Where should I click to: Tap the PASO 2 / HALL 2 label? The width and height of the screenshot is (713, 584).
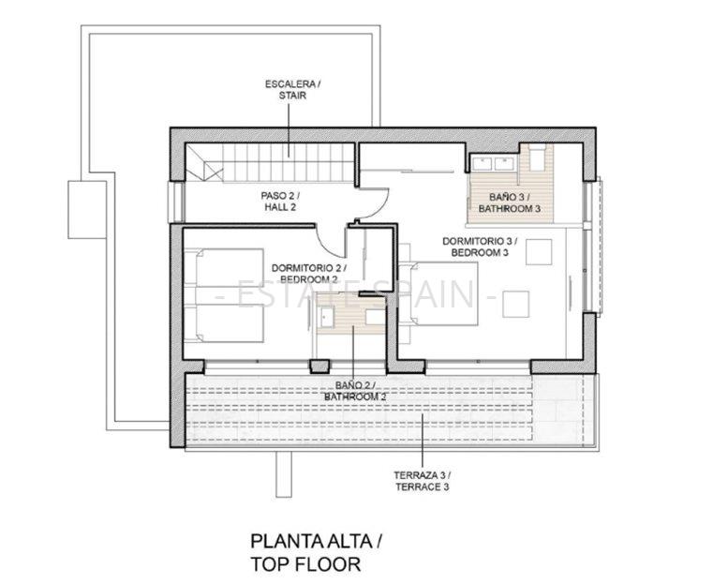click(x=280, y=202)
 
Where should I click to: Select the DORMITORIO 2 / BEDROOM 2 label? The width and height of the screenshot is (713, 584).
click(x=309, y=274)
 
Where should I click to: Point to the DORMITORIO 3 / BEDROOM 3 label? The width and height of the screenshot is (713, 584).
click(x=480, y=247)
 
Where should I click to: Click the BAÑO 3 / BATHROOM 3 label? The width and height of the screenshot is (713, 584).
click(x=510, y=202)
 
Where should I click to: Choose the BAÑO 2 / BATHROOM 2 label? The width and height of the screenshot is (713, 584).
click(x=355, y=391)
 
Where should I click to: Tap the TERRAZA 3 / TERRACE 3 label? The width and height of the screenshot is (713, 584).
click(x=422, y=481)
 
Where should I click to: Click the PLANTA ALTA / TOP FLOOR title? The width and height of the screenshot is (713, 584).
click(x=317, y=553)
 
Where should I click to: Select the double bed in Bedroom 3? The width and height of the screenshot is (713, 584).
click(x=438, y=293)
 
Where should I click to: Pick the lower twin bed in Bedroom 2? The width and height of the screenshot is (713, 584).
click(x=223, y=323)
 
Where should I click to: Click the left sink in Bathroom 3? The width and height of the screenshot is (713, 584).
click(x=482, y=163)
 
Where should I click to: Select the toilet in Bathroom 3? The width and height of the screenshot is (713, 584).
click(x=537, y=157)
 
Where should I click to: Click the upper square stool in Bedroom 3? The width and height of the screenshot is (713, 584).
click(x=539, y=252)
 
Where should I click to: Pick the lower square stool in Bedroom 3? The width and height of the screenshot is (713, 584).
click(x=515, y=304)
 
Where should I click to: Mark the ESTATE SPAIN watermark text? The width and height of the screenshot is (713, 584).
click(x=356, y=294)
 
